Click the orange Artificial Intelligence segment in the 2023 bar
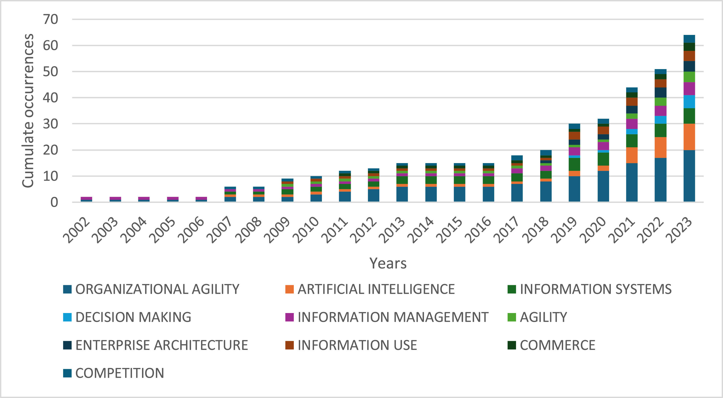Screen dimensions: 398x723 pyautogui.click(x=689, y=137)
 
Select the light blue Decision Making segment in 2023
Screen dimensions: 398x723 pyautogui.click(x=689, y=102)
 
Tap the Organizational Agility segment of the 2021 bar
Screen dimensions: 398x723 pyautogui.click(x=632, y=182)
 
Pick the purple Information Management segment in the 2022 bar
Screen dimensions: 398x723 pyautogui.click(x=660, y=111)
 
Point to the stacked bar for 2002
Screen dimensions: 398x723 pyautogui.click(x=87, y=199)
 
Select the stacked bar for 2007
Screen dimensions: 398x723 pyautogui.click(x=230, y=194)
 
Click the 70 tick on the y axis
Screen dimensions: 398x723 pyautogui.click(x=51, y=19)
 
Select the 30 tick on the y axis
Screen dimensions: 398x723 pyautogui.click(x=51, y=124)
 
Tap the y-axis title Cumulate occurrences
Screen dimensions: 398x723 pyautogui.click(x=28, y=111)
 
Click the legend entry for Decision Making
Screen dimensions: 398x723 pyautogui.click(x=133, y=317)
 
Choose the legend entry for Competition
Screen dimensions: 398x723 pyautogui.click(x=120, y=373)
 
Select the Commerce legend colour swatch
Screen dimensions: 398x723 pyautogui.click(x=512, y=345)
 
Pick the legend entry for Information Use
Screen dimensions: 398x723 pyautogui.click(x=357, y=345)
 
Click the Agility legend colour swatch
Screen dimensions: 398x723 pyautogui.click(x=512, y=317)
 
